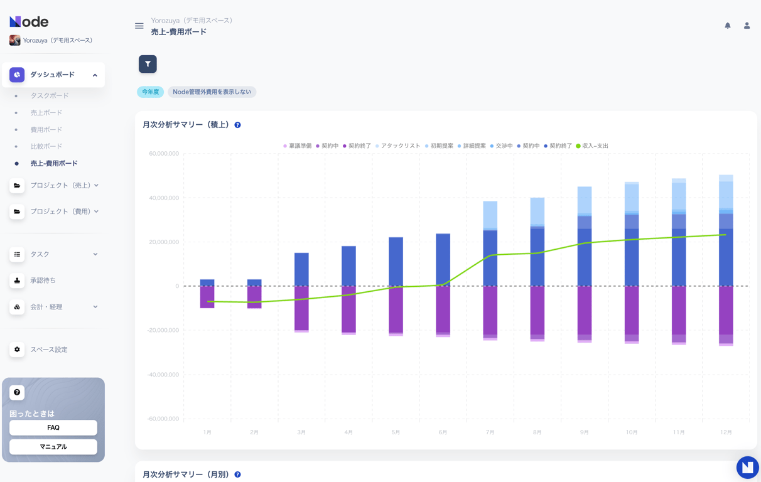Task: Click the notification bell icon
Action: tap(728, 26)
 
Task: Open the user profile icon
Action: tap(747, 26)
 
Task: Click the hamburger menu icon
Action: tap(139, 26)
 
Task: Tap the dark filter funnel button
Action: tap(148, 64)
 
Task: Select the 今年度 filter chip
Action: tap(150, 92)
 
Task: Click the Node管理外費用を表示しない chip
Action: tap(212, 92)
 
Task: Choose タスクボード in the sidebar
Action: tap(50, 95)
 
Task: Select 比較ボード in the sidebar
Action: tap(46, 146)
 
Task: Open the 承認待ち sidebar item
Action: tap(43, 281)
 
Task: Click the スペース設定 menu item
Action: tap(48, 350)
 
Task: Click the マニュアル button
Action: tap(53, 447)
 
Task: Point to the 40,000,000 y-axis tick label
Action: tap(164, 198)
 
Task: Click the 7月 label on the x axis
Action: tap(490, 432)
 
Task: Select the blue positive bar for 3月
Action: tap(301, 269)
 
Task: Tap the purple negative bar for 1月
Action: tap(207, 296)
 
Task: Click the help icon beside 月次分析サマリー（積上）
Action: tap(237, 125)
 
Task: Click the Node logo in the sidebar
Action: tap(29, 21)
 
